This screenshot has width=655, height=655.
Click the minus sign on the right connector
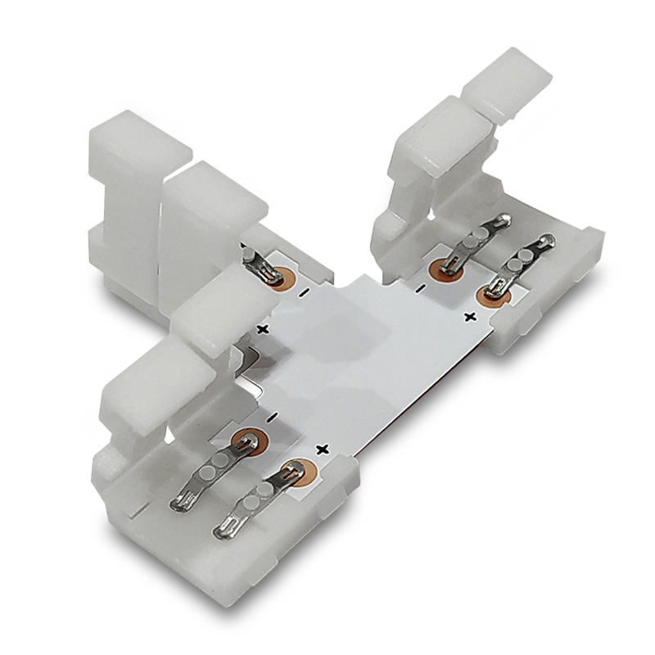(x=419, y=288)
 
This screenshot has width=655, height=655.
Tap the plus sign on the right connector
(x=470, y=316)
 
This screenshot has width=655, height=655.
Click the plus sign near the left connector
(x=264, y=328)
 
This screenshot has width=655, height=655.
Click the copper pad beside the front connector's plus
(x=292, y=471)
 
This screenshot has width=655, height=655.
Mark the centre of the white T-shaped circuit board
(x=368, y=344)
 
